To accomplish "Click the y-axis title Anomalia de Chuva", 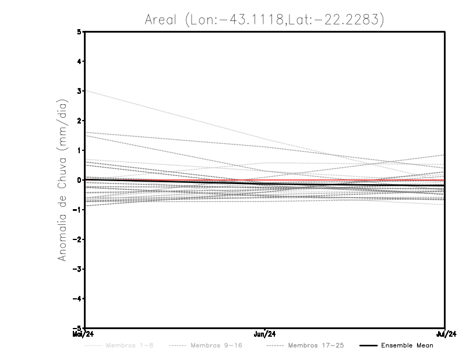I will click(x=62, y=179).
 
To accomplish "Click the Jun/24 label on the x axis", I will click(x=265, y=334).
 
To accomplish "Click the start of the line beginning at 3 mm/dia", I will click(x=86, y=91).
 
